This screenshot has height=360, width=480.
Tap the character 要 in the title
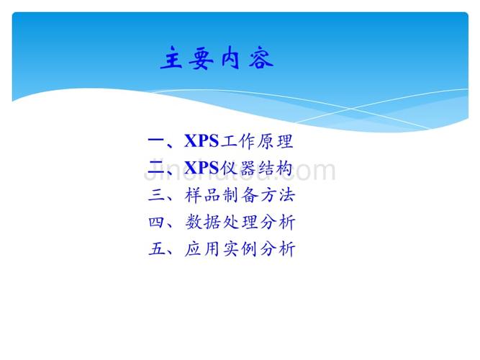point(199,59)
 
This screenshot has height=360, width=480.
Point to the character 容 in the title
point(260,59)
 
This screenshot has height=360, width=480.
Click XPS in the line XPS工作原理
point(201,141)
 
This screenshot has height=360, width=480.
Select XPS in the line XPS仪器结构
point(201,168)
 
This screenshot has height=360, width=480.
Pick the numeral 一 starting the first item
point(156,141)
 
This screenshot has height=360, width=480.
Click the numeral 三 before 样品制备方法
point(156,196)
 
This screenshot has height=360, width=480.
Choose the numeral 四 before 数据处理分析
point(156,222)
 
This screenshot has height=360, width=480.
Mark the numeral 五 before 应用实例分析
point(156,250)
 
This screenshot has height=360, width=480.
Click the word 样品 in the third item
point(202,196)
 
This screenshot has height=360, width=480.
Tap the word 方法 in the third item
point(276,196)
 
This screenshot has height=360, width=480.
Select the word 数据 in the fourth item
point(202,222)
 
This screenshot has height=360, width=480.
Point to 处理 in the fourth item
point(239,222)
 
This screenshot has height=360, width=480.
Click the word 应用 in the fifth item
point(202,250)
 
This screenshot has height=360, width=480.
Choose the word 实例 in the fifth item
point(239,250)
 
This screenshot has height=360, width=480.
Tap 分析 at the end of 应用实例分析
point(276,250)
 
